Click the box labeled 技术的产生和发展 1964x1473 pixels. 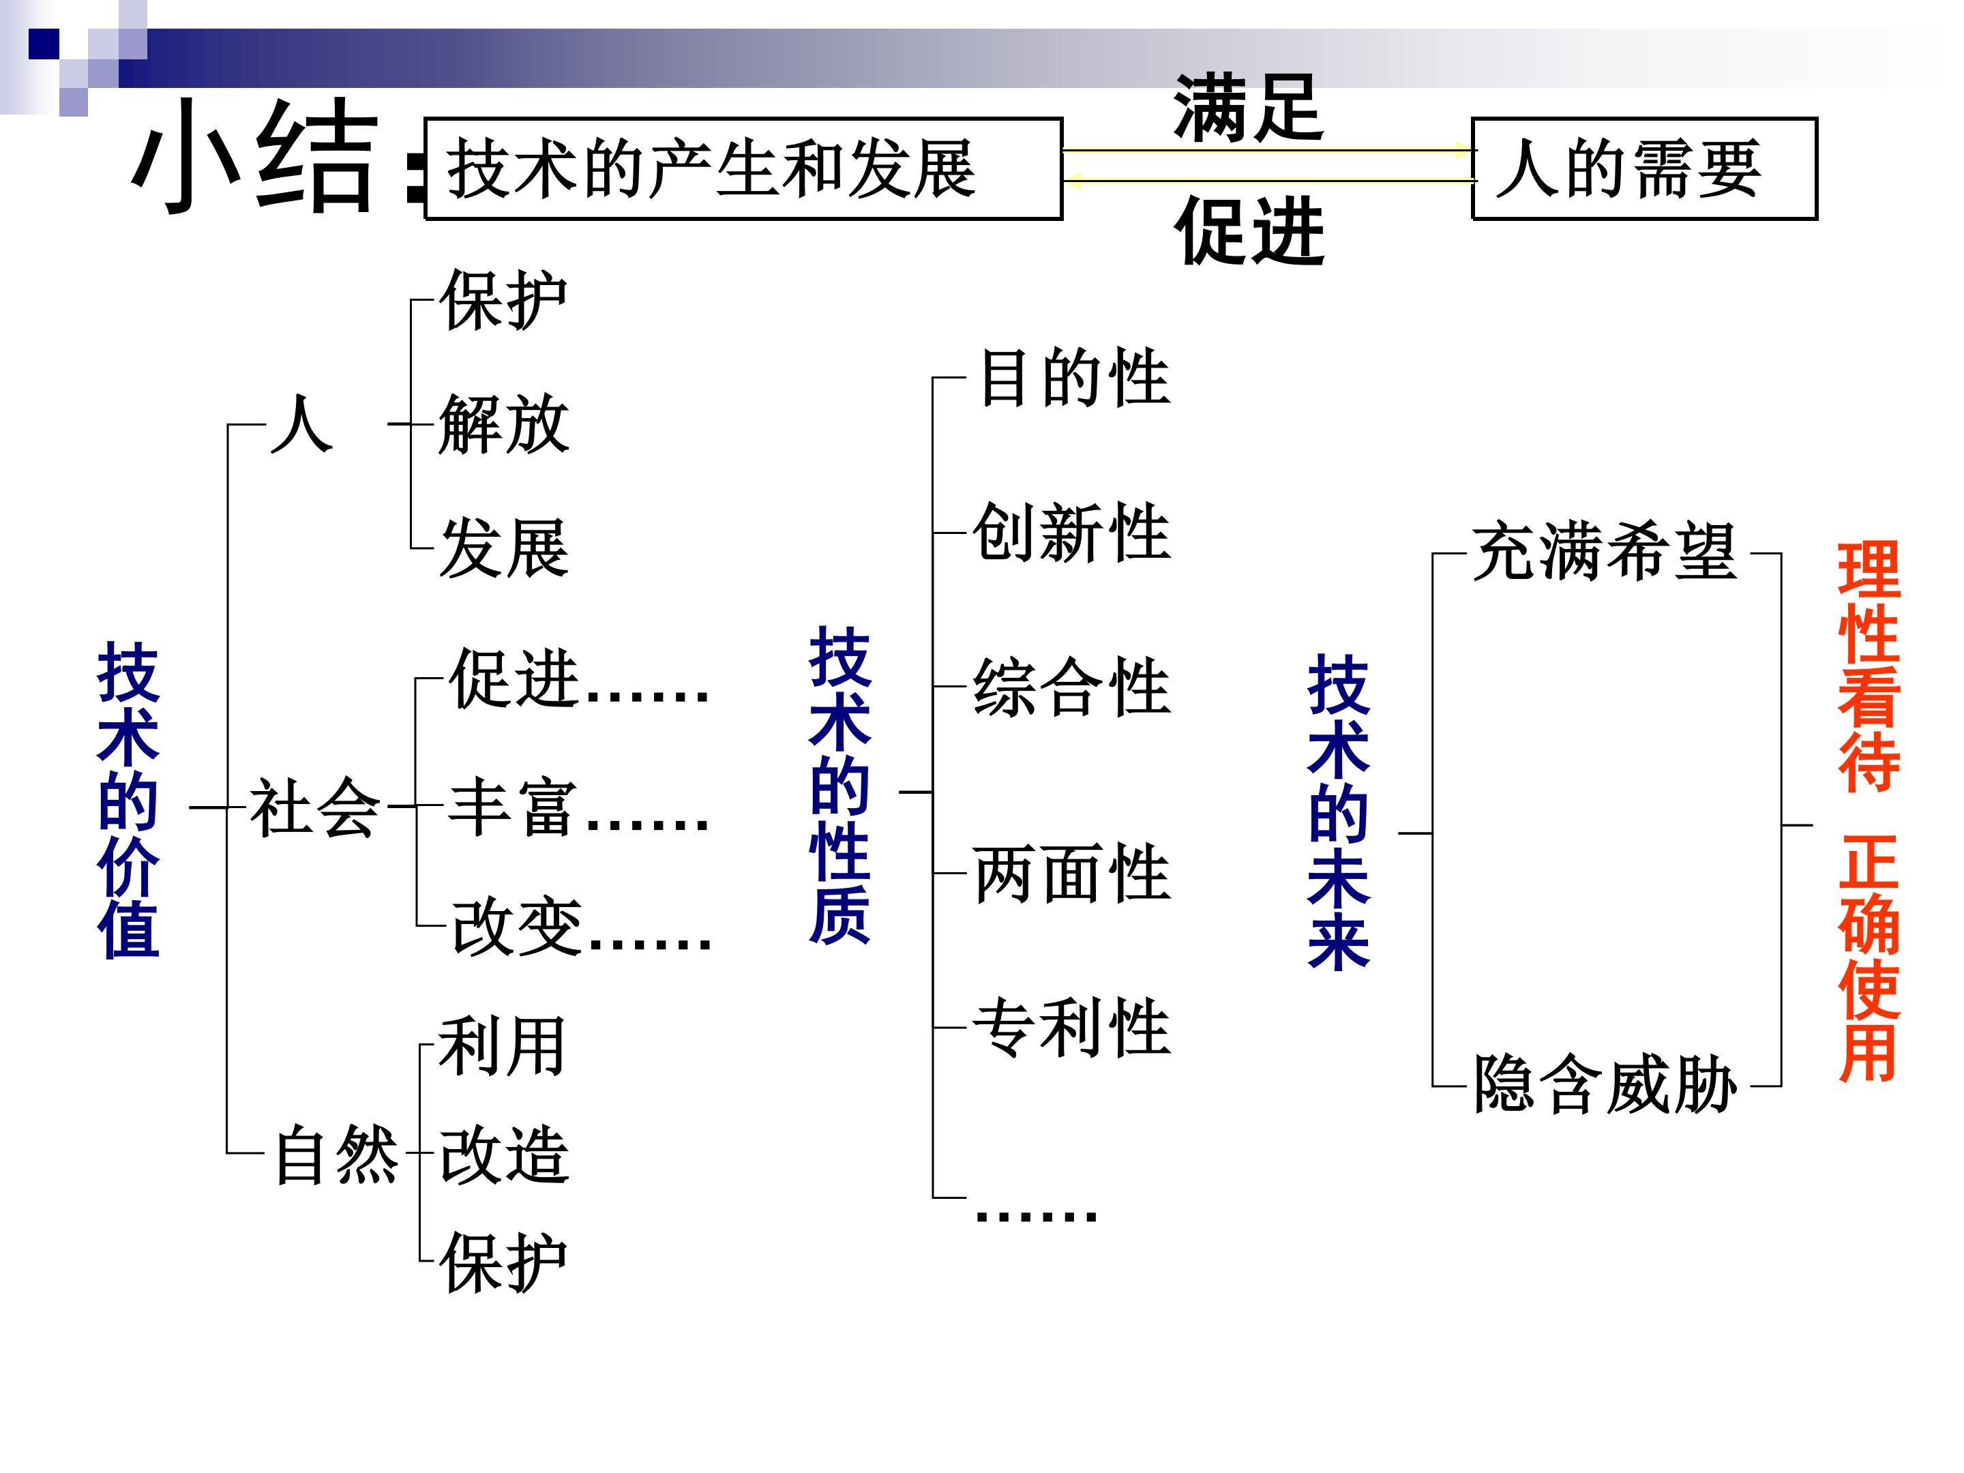click(x=743, y=168)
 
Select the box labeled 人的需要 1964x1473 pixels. click(x=1643, y=168)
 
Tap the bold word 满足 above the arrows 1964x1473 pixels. click(x=1249, y=108)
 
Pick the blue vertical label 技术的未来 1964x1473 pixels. click(x=1338, y=812)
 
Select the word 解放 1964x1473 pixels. click(x=503, y=424)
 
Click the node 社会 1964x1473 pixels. click(x=314, y=807)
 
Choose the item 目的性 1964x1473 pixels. click(x=1074, y=377)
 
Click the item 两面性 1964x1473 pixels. click(x=1072, y=874)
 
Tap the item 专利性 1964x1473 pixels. click(x=1072, y=1027)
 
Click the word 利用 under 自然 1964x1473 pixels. click(x=502, y=1047)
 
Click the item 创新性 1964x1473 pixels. click(x=1072, y=532)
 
